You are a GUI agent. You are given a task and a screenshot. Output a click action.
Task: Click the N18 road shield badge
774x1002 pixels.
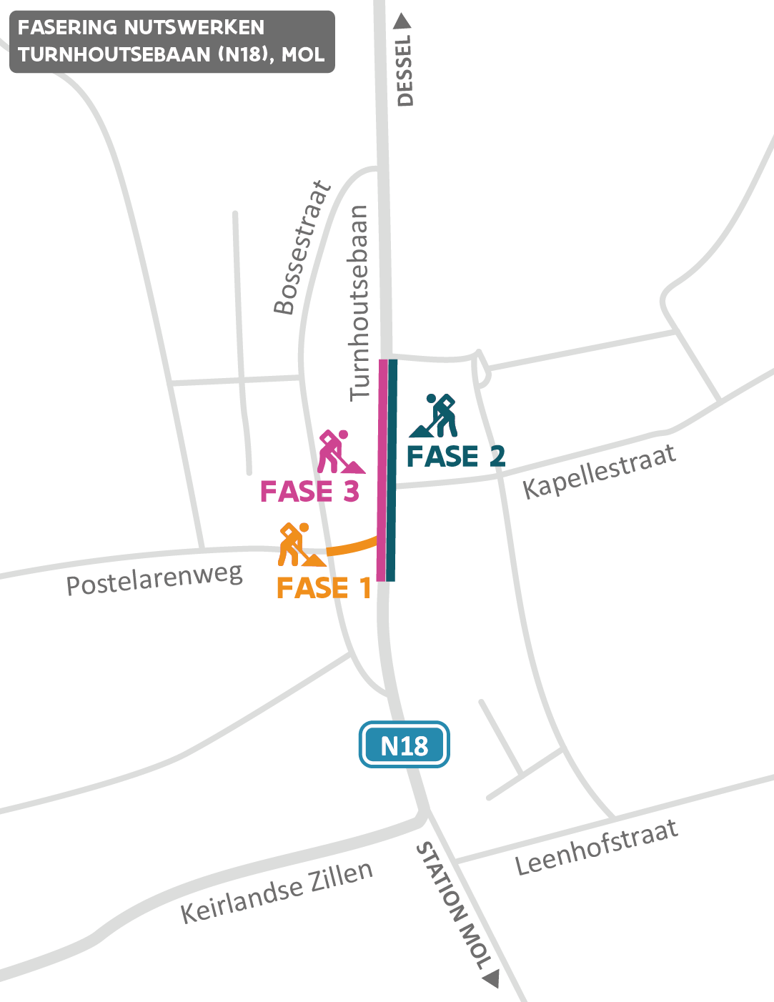(404, 745)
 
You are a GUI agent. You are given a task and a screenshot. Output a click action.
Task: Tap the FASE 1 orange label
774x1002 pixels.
(324, 588)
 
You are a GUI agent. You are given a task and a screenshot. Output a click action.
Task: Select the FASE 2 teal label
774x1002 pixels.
(456, 456)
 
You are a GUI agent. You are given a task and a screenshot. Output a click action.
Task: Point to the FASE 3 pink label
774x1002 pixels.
(309, 492)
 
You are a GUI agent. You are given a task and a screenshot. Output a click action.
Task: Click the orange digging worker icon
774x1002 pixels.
(298, 545)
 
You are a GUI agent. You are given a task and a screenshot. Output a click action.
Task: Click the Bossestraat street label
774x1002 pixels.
(303, 248)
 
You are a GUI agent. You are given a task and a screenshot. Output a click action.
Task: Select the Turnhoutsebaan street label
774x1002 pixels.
(359, 302)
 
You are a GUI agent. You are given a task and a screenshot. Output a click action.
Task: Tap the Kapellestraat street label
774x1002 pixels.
(599, 471)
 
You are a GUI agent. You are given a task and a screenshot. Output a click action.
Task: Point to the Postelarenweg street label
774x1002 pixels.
(154, 580)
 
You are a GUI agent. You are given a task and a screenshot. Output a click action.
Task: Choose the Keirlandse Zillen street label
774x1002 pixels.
(277, 891)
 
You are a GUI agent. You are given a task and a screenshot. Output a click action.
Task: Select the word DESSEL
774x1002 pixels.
(405, 71)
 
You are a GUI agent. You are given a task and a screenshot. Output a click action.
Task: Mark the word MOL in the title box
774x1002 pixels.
(303, 54)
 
